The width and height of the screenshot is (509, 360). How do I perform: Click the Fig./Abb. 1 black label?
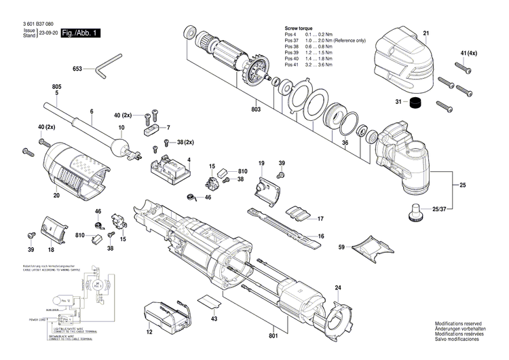81,33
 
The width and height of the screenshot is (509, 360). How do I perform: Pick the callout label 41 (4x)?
468,53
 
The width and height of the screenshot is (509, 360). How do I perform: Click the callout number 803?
255,109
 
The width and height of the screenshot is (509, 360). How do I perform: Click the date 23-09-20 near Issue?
48,33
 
